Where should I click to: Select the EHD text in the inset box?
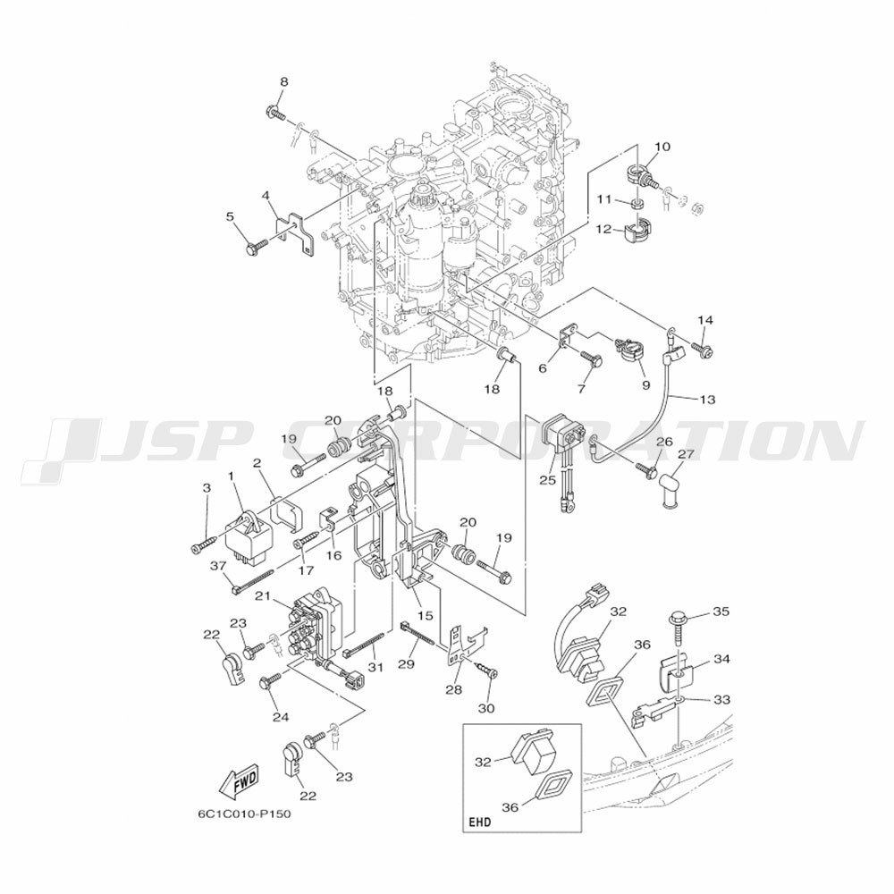click(479, 822)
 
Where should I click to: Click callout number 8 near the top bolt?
click(283, 81)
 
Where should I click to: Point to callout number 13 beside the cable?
click(707, 400)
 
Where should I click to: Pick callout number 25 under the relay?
click(547, 480)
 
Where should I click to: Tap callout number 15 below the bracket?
click(426, 615)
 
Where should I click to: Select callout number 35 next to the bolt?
click(721, 611)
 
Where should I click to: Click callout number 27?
click(687, 454)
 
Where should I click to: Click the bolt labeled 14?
click(702, 347)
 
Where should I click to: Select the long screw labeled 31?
click(367, 646)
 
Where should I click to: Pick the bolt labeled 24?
click(270, 679)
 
